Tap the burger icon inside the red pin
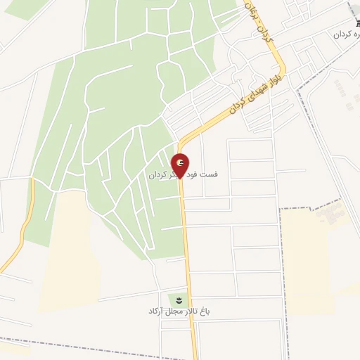pyautogui.click(x=181, y=162)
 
